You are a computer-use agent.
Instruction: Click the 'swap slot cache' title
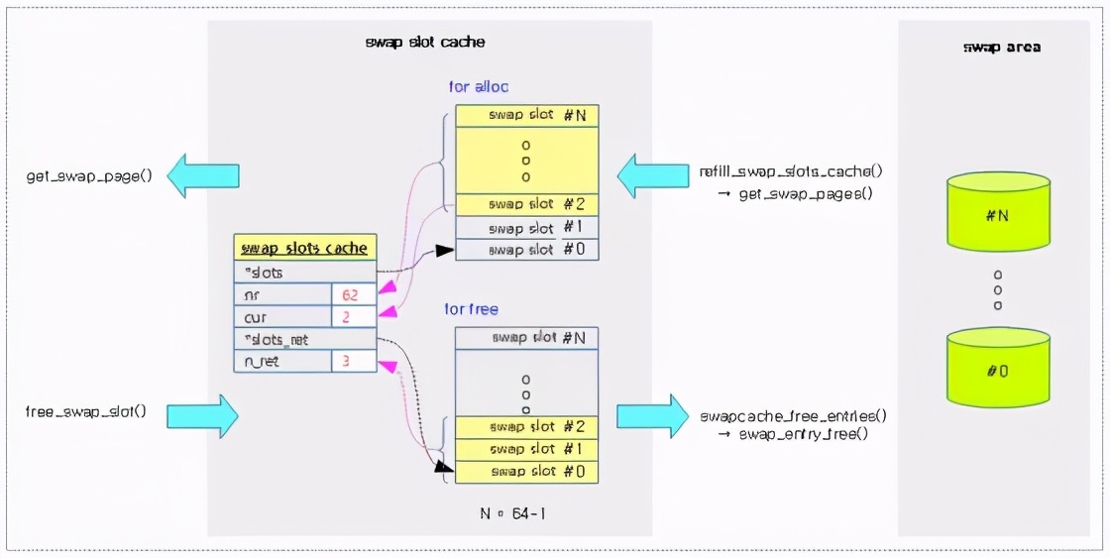pyautogui.click(x=425, y=43)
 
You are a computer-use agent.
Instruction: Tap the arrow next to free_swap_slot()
pyautogui.click(x=202, y=415)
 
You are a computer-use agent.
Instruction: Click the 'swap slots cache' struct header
pyautogui.click(x=305, y=248)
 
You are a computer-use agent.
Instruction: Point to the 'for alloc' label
pyautogui.click(x=479, y=87)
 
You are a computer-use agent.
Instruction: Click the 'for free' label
pyautogui.click(x=476, y=309)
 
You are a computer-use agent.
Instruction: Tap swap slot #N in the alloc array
pyautogui.click(x=527, y=116)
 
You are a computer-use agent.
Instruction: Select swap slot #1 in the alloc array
pyautogui.click(x=527, y=228)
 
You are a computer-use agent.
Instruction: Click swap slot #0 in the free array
pyautogui.click(x=527, y=472)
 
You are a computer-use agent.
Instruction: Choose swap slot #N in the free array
pyautogui.click(x=527, y=338)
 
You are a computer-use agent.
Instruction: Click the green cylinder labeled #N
pyautogui.click(x=997, y=212)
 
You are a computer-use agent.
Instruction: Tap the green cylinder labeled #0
pyautogui.click(x=997, y=369)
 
